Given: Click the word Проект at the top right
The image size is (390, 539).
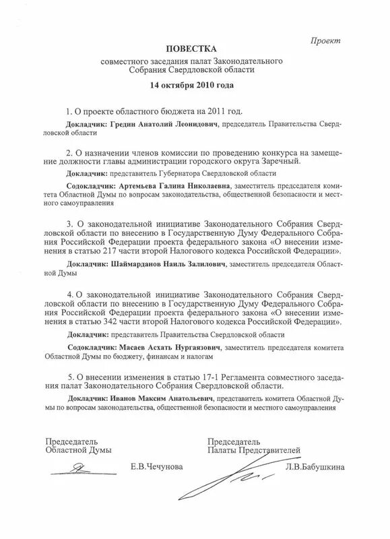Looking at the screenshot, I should click(x=325, y=41).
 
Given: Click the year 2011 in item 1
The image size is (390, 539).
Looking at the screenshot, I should click(x=211, y=110).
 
